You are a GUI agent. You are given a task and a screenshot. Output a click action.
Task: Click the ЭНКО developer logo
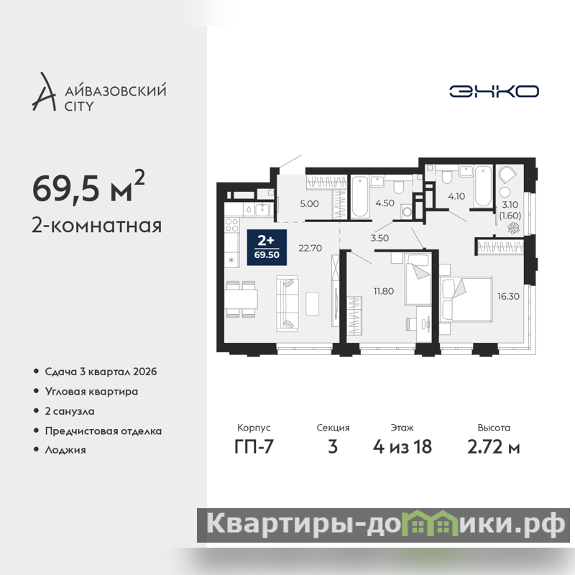pyautogui.click(x=494, y=91)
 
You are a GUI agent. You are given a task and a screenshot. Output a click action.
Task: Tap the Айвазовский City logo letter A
pyautogui.click(x=45, y=93)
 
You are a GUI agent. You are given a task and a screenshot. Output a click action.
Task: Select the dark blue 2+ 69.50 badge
pyautogui.click(x=267, y=247)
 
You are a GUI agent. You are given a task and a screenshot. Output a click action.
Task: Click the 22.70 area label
pyautogui.click(x=310, y=248)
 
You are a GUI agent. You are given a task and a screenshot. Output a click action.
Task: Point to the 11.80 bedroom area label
pyautogui.click(x=384, y=291)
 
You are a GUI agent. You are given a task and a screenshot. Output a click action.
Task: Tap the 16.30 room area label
pyautogui.click(x=508, y=296)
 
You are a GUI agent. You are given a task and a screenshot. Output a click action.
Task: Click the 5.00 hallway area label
pyautogui.click(x=309, y=204)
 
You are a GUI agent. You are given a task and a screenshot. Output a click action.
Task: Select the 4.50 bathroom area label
pyautogui.click(x=385, y=203)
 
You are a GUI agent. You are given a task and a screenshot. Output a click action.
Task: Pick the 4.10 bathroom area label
pyautogui.click(x=456, y=196)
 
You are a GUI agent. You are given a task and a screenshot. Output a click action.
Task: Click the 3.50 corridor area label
pyautogui.click(x=379, y=238)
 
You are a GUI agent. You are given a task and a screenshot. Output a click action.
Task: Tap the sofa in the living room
pyautogui.click(x=287, y=304)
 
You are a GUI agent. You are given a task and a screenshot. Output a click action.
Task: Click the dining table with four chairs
pyautogui.click(x=241, y=299)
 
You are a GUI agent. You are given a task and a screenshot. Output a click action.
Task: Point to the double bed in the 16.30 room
pyautogui.click(x=466, y=300)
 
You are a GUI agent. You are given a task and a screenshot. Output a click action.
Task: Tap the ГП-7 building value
pyautogui.click(x=254, y=446)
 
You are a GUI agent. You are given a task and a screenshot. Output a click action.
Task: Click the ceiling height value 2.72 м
pyautogui.click(x=494, y=446)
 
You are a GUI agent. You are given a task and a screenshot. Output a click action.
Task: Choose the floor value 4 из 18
pyautogui.click(x=402, y=446)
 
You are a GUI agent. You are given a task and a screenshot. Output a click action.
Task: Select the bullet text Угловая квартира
pyautogui.click(x=91, y=392)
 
